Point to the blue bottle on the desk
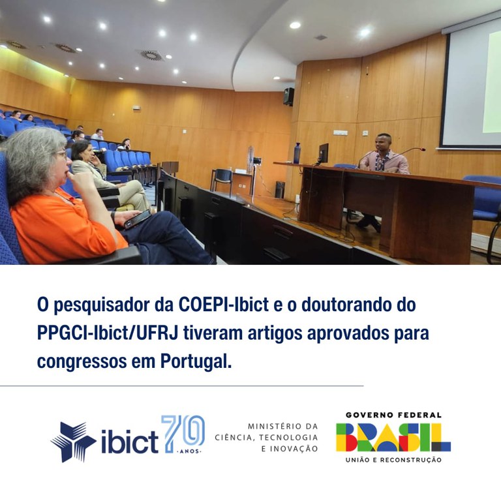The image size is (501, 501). pos(297,153)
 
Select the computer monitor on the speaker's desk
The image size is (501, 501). pos(323,154)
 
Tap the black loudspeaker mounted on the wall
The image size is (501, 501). pos(288,97)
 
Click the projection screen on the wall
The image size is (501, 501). pos(471,85)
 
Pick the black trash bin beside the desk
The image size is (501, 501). pos(279,189)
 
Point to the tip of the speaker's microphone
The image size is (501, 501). pos(422,149)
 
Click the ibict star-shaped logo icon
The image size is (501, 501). pos(73,442)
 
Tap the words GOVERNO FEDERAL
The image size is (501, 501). pos(393,415)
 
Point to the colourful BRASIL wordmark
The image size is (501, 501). pos(393,438)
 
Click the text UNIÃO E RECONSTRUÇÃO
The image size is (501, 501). pos(393,460)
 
